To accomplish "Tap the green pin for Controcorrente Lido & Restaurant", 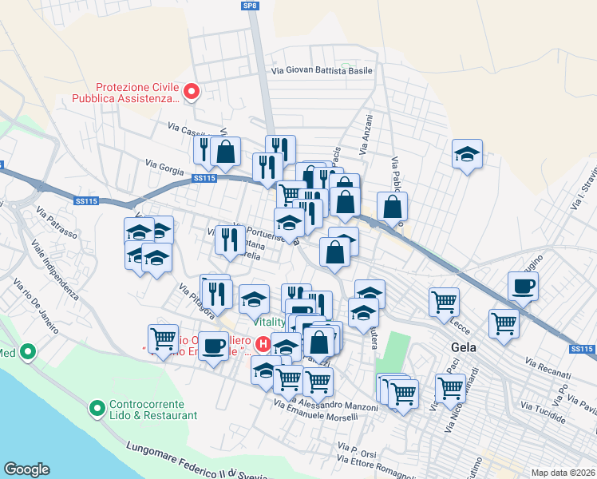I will pyautogui.click(x=97, y=410).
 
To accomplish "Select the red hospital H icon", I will pyautogui.click(x=263, y=346).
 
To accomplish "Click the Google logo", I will pyautogui.click(x=26, y=469).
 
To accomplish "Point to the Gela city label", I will pyautogui.click(x=464, y=347).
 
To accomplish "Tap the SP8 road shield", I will pyautogui.click(x=251, y=6).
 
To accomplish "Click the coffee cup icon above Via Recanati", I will pyautogui.click(x=524, y=286).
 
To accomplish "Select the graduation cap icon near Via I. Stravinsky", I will pyautogui.click(x=467, y=154).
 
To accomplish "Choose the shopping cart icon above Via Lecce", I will pyautogui.click(x=444, y=302).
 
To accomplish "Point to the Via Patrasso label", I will pyautogui.click(x=56, y=223).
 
